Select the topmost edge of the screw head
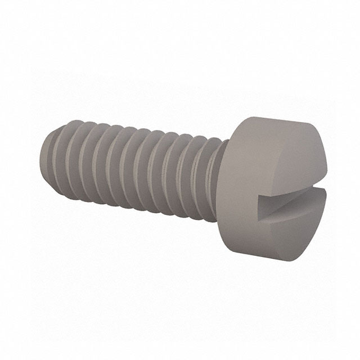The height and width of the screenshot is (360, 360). tap(281, 117)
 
